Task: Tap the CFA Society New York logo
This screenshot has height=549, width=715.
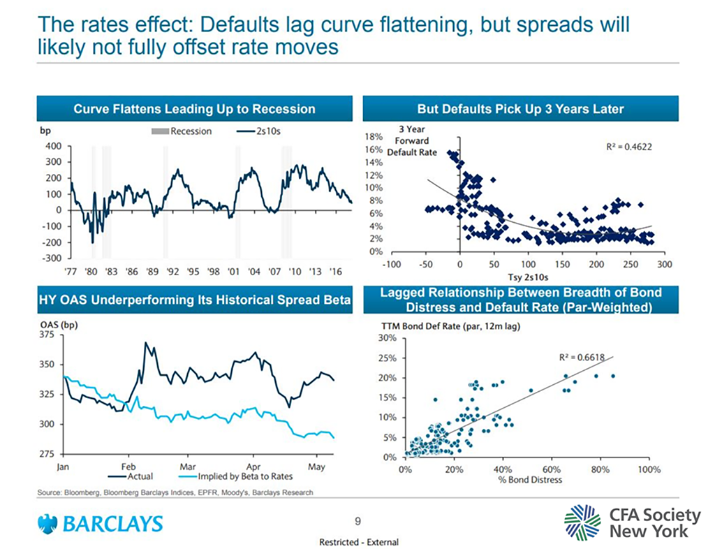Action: [632, 522]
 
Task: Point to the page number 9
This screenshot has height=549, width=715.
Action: [357, 520]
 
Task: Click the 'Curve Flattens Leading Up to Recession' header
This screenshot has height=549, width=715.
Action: [195, 109]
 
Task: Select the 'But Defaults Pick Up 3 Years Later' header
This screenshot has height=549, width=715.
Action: [520, 109]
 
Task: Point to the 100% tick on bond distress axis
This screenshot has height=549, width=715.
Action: [649, 469]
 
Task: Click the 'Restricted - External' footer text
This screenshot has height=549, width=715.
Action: [357, 542]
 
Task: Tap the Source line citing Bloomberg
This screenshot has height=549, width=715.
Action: [175, 492]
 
